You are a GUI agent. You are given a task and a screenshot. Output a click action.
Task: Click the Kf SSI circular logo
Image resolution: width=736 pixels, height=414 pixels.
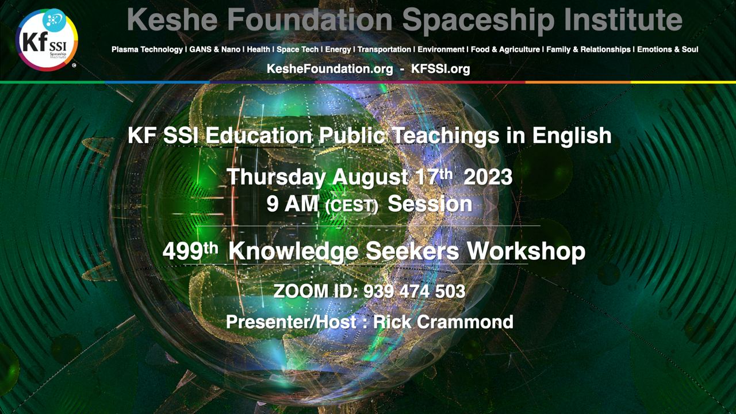click(x=47, y=40)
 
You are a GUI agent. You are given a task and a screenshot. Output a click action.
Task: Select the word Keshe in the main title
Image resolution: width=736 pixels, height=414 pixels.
click(x=172, y=20)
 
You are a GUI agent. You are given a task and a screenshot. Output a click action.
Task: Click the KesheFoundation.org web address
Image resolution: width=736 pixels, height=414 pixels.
click(x=330, y=68)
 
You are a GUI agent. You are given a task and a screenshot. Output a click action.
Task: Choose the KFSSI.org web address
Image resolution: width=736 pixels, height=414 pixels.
click(x=440, y=68)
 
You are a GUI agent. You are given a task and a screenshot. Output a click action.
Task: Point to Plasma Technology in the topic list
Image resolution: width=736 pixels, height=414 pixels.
click(x=147, y=49)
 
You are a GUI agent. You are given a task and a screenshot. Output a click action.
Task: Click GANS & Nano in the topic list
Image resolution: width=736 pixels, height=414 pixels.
click(x=215, y=49)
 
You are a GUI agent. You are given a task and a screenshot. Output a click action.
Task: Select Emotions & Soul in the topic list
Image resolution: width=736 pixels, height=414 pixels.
click(x=668, y=49)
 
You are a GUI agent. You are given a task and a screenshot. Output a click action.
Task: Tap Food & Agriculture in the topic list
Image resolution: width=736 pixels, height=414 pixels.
click(x=505, y=49)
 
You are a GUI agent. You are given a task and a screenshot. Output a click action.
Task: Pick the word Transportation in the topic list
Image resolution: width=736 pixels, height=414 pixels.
click(x=384, y=49)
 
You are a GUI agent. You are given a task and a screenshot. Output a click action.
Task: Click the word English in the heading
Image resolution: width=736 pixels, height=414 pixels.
click(x=572, y=135)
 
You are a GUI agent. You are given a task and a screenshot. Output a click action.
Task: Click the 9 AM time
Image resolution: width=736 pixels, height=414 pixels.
click(x=292, y=204)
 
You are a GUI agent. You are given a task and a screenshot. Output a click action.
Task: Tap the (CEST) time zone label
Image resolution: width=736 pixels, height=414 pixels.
click(x=351, y=206)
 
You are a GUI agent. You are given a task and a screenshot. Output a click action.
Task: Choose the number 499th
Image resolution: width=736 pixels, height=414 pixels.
click(x=190, y=251)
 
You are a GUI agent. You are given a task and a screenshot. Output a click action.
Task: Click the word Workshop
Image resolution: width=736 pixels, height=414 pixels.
click(x=526, y=252)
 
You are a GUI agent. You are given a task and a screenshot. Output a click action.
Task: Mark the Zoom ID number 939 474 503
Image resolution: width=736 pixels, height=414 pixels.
click(x=415, y=291)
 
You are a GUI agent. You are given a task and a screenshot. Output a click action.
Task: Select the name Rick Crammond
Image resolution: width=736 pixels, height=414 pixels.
click(x=443, y=321)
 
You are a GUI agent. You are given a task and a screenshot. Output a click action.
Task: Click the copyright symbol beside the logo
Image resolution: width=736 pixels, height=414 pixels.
click(x=74, y=66)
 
